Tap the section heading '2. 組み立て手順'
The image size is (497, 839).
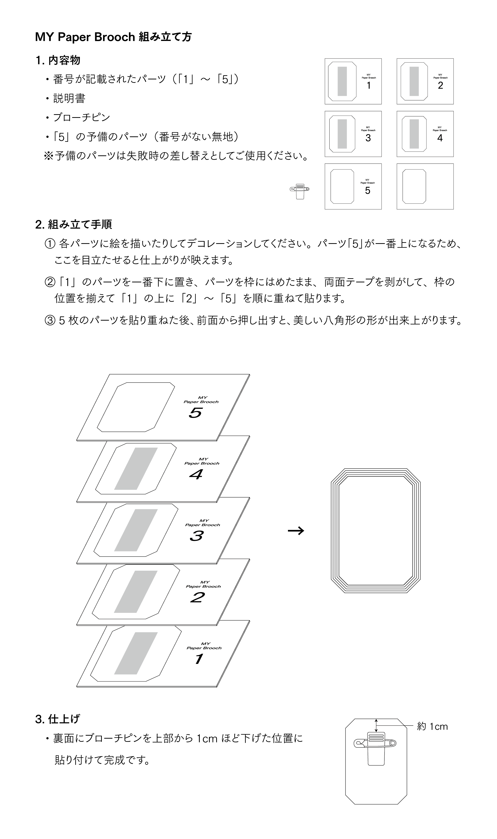coord(73,224)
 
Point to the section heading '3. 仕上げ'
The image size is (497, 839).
coord(58,718)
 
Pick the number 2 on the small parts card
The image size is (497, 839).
coord(440,86)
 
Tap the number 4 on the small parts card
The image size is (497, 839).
coord(440,138)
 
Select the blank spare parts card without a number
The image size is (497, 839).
coord(425,186)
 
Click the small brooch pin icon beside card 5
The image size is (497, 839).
coord(300,190)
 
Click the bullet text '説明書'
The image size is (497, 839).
coord(69,98)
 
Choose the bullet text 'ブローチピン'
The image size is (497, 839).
coord(82,118)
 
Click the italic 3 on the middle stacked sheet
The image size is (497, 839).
coord(196,536)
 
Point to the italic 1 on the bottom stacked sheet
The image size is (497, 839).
coord(199,659)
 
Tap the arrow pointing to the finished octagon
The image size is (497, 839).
coord(296,530)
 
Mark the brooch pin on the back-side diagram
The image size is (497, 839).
coord(375,743)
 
